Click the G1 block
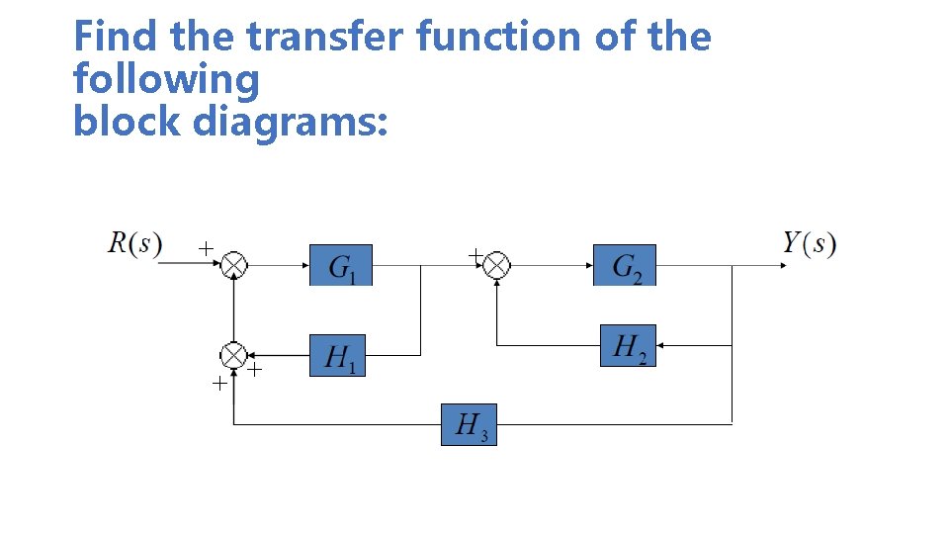[x=341, y=265]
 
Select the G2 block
[x=624, y=265]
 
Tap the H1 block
[x=338, y=355]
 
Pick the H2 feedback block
[x=628, y=346]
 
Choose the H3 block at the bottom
[x=469, y=424]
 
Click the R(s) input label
[x=134, y=242]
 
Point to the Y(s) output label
[x=809, y=243]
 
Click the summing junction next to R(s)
[x=233, y=265]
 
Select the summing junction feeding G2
[x=496, y=265]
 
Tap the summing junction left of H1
[x=233, y=355]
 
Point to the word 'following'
[x=166, y=80]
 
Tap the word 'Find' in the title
[x=118, y=38]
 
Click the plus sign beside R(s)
[x=204, y=248]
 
